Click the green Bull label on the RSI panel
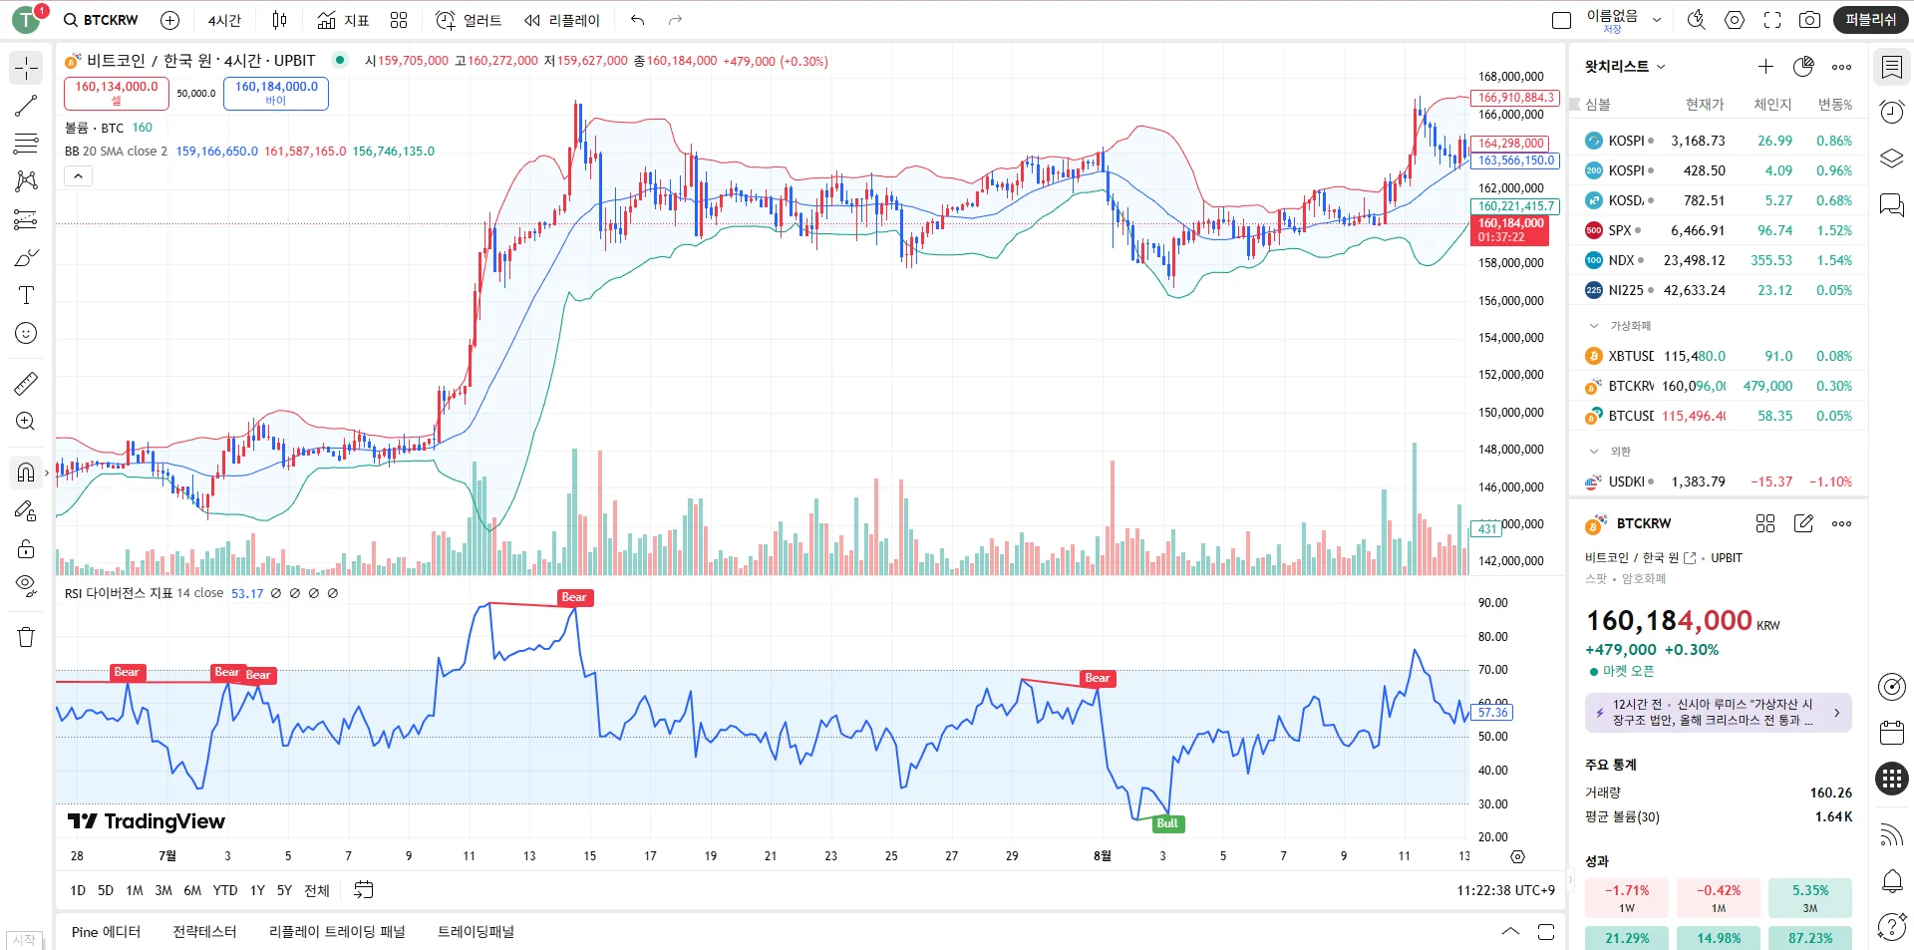coord(1166,823)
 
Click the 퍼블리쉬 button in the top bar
coord(1870,20)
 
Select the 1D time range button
coord(78,890)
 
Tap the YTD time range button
coord(225,890)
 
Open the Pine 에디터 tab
coord(106,932)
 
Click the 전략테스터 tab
coord(204,932)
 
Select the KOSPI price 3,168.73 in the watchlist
coord(1698,141)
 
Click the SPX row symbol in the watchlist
coord(1619,230)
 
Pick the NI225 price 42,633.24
coord(1694,290)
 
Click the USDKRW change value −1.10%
coord(1830,481)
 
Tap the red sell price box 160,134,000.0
coord(117,93)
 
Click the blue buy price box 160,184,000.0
coord(276,93)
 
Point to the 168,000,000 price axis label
coord(1510,77)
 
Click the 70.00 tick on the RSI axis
coord(1492,670)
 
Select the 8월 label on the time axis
coord(1102,856)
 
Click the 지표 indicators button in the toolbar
coord(344,20)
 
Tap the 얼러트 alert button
coord(469,20)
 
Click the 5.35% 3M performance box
coord(1809,897)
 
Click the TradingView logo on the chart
coord(147,821)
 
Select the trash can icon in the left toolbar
coord(26,638)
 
